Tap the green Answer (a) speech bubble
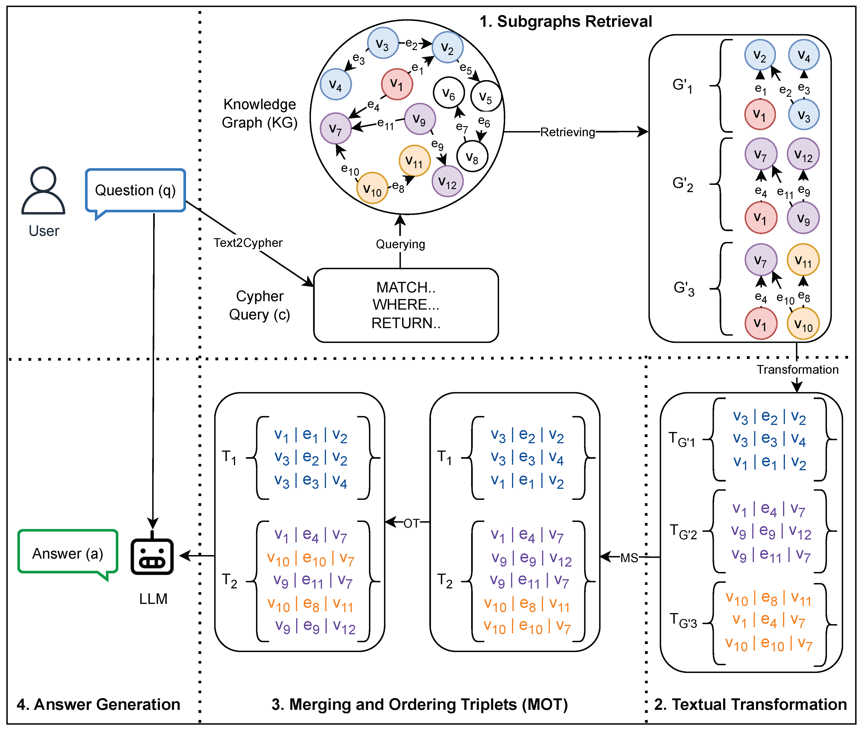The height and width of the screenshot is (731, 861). (68, 552)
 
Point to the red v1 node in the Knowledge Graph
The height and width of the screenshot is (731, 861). (397, 84)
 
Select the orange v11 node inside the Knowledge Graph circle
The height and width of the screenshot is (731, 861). (414, 161)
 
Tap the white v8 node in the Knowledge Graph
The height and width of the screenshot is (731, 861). (472, 156)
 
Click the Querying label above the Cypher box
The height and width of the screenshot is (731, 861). (400, 244)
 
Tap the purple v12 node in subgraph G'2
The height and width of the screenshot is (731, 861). (803, 154)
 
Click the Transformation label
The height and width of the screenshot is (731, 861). (797, 369)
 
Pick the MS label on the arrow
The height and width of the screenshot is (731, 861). (629, 558)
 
